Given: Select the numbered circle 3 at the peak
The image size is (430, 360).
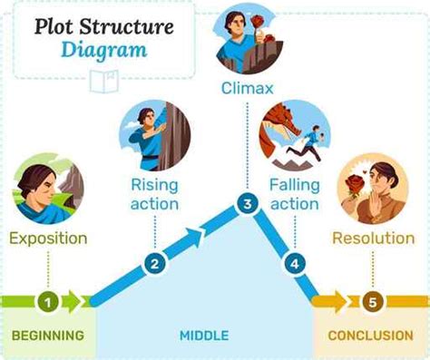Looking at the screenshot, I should pyautogui.click(x=246, y=204).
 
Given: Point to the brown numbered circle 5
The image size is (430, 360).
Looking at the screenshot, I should pyautogui.click(x=370, y=299).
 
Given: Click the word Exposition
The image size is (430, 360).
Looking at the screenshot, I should pyautogui.click(x=48, y=238).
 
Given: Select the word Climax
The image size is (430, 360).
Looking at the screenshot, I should pyautogui.click(x=246, y=89).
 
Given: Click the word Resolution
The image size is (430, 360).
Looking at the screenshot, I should pyautogui.click(x=373, y=238).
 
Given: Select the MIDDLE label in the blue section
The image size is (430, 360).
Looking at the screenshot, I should pyautogui.click(x=204, y=336).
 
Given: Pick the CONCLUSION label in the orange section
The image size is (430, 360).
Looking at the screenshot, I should pyautogui.click(x=370, y=336).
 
